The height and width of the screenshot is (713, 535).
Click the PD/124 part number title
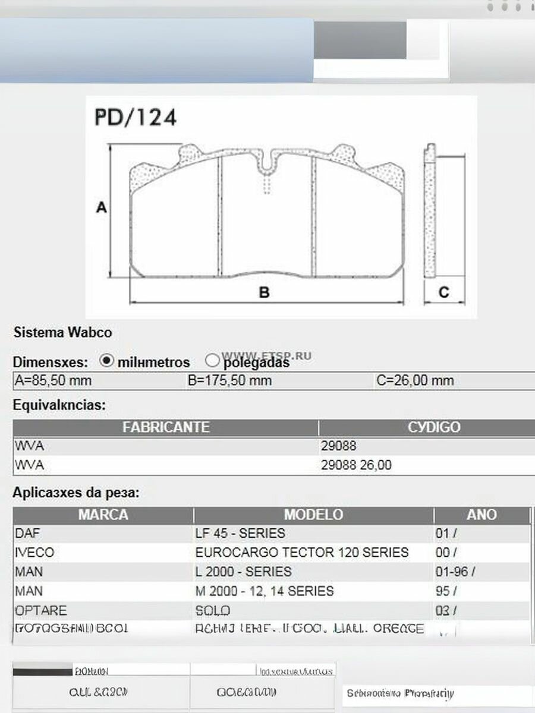[136, 117]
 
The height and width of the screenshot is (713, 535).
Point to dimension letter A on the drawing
[102, 208]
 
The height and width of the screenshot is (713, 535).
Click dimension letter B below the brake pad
[265, 292]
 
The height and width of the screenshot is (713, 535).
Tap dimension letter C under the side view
[443, 292]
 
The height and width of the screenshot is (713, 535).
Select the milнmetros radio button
[107, 361]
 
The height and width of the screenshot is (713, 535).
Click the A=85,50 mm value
[53, 380]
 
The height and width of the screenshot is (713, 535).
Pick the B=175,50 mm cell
[229, 380]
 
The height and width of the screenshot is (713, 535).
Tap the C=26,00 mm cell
[415, 380]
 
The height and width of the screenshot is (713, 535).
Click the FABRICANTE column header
[166, 427]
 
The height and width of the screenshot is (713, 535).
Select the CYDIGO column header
[434, 427]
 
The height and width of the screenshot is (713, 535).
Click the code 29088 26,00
[356, 465]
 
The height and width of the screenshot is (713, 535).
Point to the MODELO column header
[313, 515]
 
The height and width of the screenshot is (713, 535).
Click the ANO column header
[481, 515]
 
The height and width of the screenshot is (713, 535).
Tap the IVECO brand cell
[34, 553]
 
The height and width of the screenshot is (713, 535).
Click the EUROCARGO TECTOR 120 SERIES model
[302, 553]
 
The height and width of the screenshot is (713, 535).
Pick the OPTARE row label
[40, 611]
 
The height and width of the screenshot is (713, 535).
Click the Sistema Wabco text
[62, 332]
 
